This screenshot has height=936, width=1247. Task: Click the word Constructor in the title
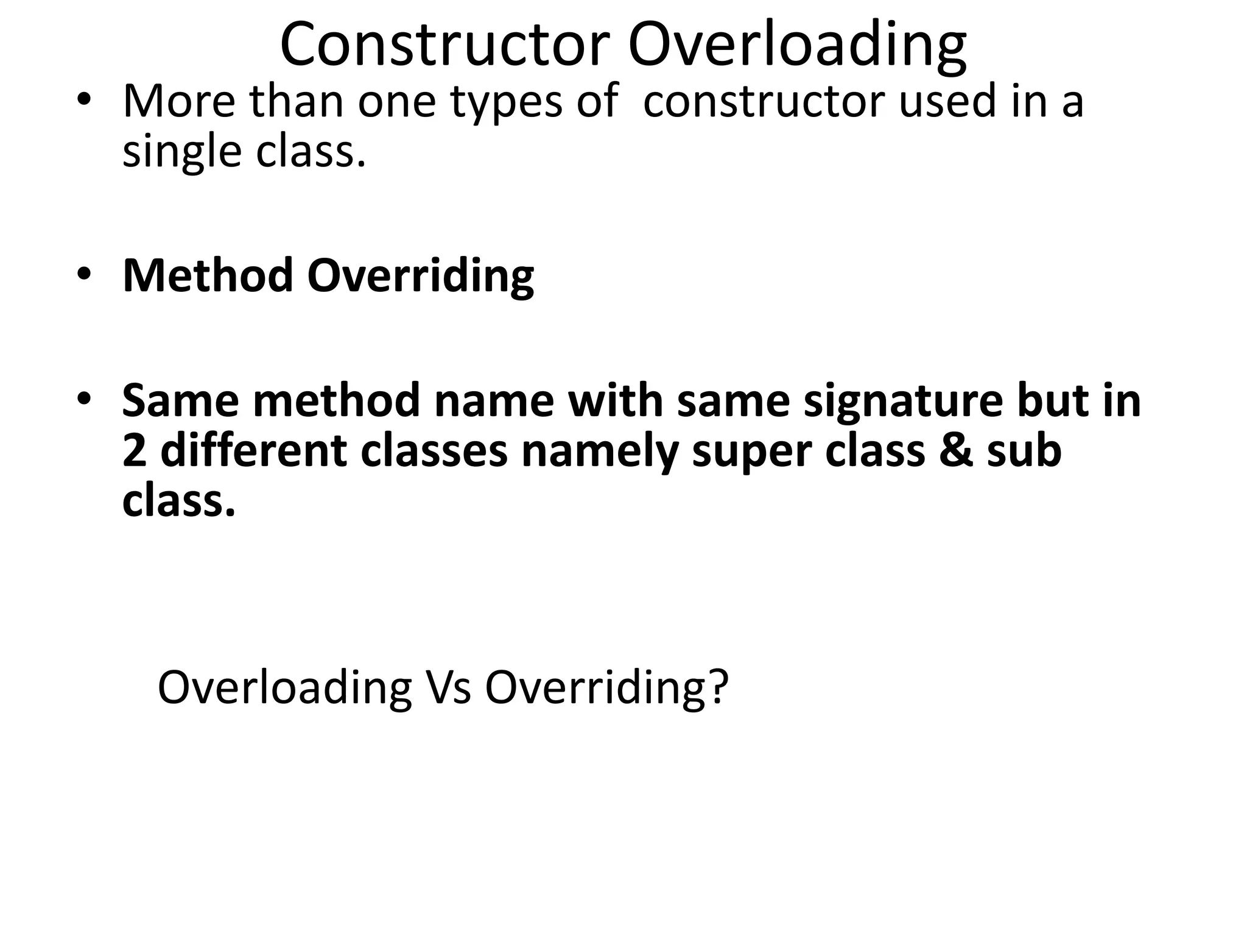tap(445, 44)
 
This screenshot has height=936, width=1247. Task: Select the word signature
tap(902, 402)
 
